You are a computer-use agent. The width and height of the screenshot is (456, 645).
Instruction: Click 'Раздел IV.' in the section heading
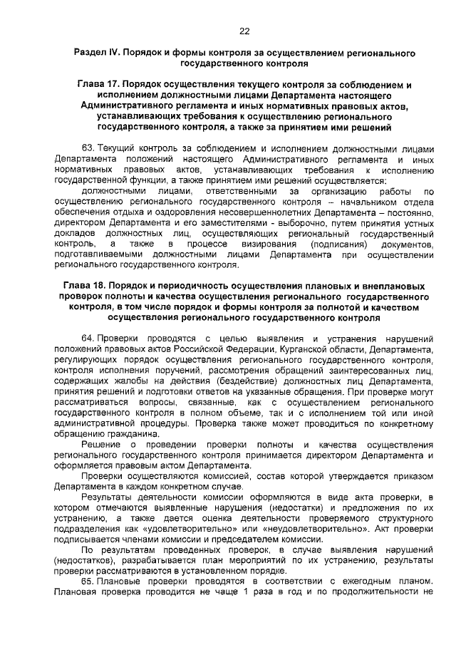point(98,53)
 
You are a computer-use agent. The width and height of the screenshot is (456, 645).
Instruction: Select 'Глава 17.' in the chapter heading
point(102,85)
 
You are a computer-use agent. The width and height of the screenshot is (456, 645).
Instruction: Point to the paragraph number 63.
point(88,148)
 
